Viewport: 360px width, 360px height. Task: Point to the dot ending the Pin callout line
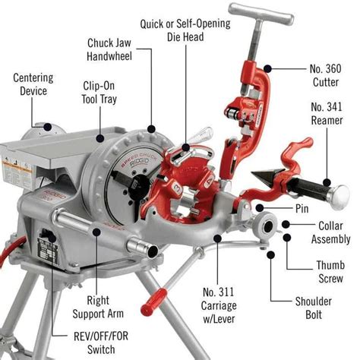pos(259,207)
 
